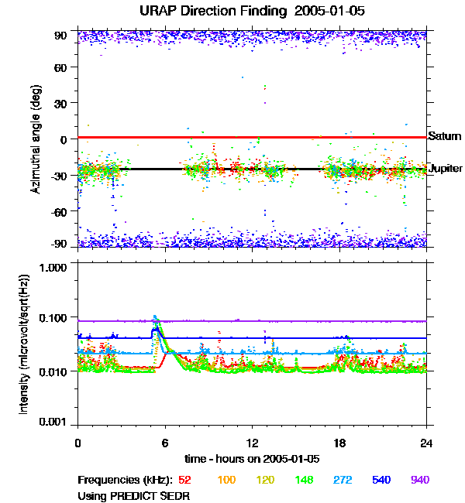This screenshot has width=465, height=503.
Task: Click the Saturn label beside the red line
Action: (443, 135)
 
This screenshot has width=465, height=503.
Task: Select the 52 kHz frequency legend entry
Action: (184, 480)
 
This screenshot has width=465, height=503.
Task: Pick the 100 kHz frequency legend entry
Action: (226, 480)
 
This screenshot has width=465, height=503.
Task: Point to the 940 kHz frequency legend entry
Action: (420, 480)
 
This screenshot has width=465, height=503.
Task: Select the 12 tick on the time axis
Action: (252, 443)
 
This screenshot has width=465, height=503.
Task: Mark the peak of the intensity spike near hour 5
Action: (156, 317)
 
